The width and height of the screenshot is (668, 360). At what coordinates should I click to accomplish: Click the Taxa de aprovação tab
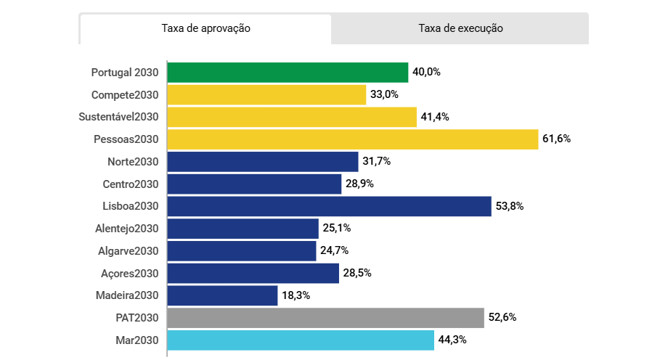tap(205, 29)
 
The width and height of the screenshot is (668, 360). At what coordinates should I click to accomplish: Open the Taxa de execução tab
tap(460, 29)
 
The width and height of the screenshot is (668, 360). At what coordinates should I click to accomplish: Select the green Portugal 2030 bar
tap(288, 73)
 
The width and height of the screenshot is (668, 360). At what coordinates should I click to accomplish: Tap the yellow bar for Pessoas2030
tap(352, 139)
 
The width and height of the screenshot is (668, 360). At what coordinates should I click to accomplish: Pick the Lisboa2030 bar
tap(329, 206)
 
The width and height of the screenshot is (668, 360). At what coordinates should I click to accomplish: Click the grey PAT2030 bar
tap(325, 318)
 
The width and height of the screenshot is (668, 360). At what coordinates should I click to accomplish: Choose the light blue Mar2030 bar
tap(301, 340)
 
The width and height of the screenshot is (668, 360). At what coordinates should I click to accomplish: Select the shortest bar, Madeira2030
tap(222, 295)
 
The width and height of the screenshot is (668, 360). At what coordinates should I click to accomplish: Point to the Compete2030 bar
tap(266, 95)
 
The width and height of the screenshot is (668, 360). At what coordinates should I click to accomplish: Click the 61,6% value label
tap(556, 139)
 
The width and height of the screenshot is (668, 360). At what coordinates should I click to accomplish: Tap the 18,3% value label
tap(296, 295)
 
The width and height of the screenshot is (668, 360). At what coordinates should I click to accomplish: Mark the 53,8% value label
tap(510, 206)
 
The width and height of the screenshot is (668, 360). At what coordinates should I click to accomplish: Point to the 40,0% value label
tap(427, 73)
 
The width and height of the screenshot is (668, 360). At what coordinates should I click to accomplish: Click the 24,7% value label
tap(335, 251)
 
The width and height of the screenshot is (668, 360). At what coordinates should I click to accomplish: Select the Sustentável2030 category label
tap(118, 117)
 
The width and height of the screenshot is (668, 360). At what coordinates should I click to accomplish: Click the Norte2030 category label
tap(132, 162)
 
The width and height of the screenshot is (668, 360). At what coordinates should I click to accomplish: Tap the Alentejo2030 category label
tap(126, 229)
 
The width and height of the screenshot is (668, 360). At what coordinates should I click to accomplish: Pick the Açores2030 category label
tap(129, 274)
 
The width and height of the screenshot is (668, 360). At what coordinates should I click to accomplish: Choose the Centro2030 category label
tap(131, 184)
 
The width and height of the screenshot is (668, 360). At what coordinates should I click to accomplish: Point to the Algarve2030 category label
tap(128, 251)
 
